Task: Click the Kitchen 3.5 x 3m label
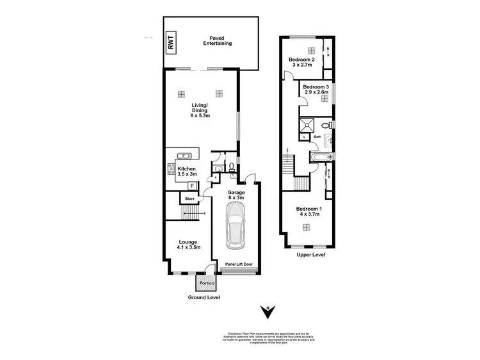point(187,172)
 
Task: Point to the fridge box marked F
point(191,186)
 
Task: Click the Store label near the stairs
point(190,199)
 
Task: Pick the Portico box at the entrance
point(206,282)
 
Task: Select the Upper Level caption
point(311,255)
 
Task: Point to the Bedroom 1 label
point(309,213)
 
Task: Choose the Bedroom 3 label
point(316,90)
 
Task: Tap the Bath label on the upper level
point(317,136)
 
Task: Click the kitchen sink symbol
point(183,156)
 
